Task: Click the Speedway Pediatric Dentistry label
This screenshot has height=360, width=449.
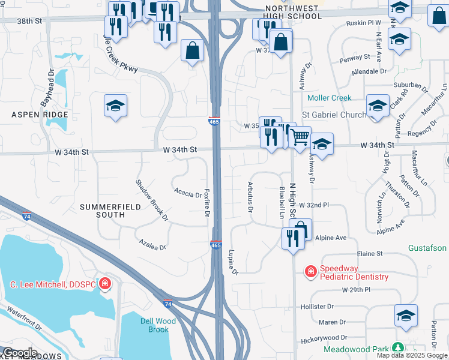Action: coord(354,272)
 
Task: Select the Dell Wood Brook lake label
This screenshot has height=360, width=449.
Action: coord(158,325)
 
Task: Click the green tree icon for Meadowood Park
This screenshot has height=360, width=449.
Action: coord(397,348)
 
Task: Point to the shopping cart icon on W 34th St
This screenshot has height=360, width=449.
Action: coord(300,136)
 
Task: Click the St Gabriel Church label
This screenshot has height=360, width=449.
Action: coord(333,114)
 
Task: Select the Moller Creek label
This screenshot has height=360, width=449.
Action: coord(329,98)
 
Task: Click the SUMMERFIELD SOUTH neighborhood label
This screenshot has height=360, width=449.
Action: coord(110,211)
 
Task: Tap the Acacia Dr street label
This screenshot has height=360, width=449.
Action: coord(188,194)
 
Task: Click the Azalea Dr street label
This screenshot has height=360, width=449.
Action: coord(152,247)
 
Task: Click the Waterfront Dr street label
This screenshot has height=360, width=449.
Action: coord(24,319)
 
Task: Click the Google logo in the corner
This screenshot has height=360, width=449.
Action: coord(20,353)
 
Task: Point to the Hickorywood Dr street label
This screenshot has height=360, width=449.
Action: coord(324,338)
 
